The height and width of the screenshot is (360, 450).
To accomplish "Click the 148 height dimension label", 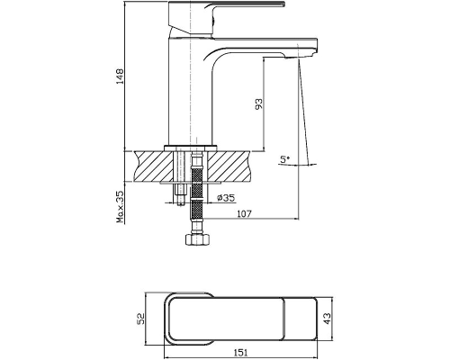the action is click(120, 76).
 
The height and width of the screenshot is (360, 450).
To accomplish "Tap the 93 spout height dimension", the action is click(258, 103).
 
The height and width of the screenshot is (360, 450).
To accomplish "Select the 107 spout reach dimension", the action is click(245, 214).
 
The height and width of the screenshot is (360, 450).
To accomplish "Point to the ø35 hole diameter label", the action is click(226, 198).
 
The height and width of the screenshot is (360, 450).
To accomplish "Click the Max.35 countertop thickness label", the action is click(121, 207).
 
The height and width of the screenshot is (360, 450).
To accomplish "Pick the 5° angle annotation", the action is click(285, 159).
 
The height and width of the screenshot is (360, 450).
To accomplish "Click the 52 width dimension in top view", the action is click(140, 319).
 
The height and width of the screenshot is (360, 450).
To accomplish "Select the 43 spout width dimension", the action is click(328, 319).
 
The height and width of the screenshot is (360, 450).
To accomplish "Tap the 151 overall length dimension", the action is click(240, 353).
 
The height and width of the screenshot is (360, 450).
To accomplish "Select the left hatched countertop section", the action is click(155, 166).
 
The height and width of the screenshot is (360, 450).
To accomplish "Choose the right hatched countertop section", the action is click(229, 166).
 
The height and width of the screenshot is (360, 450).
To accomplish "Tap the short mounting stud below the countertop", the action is click(181, 194).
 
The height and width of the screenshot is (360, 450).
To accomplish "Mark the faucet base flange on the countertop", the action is click(191, 148).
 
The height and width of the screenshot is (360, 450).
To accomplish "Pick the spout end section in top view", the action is click(301, 319).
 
